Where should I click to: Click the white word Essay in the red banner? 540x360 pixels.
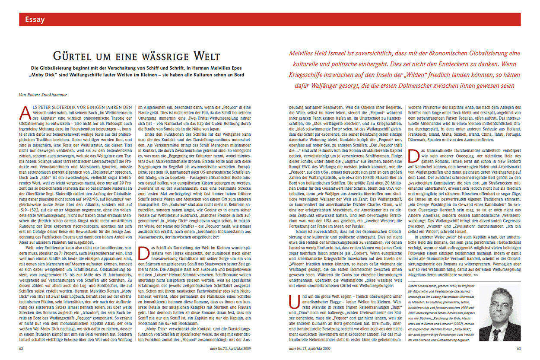pos(35,19)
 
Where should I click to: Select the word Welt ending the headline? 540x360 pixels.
pos(206,56)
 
